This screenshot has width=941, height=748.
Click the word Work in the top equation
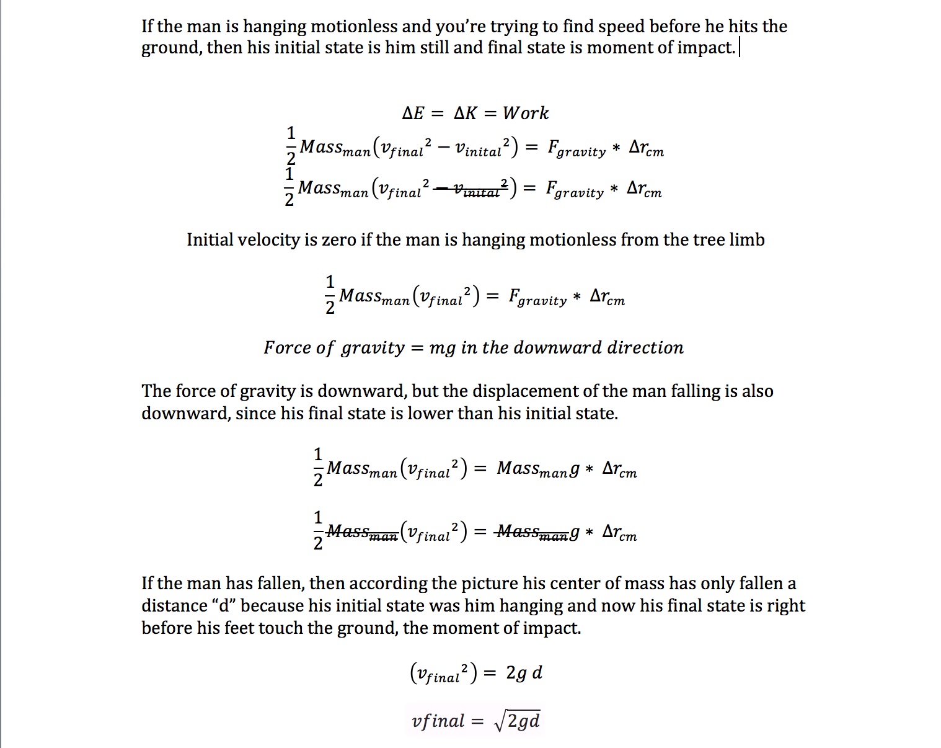525,113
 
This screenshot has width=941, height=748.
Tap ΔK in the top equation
466,113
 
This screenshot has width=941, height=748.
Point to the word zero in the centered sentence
338,240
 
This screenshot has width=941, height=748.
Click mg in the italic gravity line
442,348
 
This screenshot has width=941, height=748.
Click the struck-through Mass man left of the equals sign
362,532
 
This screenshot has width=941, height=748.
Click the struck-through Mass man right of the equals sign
532,532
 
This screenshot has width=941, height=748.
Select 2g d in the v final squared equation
524,673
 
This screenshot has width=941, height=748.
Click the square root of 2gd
518,721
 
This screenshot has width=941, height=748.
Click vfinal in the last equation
438,721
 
